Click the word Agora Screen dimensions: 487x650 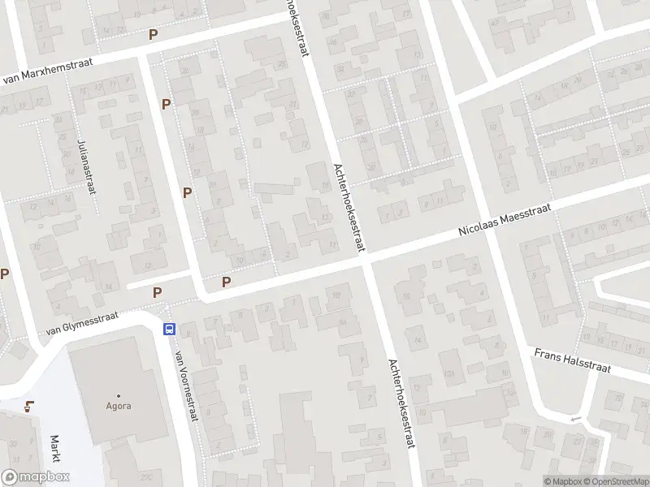[119, 406]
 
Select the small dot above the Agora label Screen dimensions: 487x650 [119, 395]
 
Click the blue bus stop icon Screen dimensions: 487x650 [170, 329]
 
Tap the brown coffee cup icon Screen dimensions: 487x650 [30, 407]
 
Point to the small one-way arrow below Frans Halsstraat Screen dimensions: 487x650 [576, 419]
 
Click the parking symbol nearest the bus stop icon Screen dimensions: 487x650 [158, 292]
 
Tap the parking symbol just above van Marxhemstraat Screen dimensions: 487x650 [153, 34]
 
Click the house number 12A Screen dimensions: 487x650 [448, 374]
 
